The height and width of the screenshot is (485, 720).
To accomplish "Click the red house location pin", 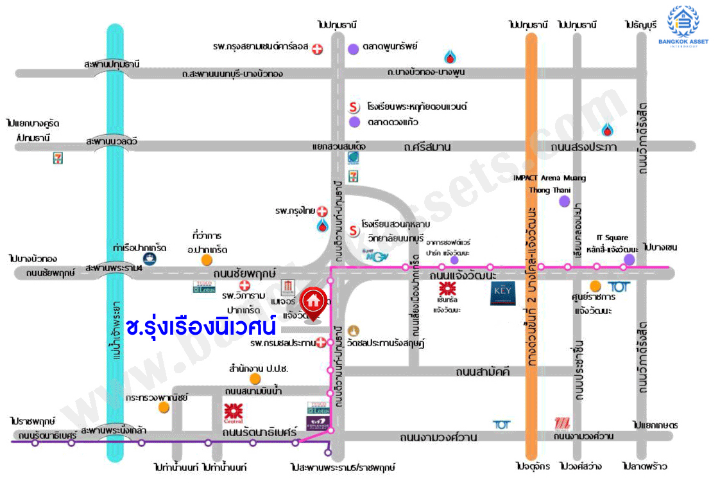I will point(313,300).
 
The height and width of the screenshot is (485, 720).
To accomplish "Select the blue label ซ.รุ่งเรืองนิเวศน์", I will point(201,326).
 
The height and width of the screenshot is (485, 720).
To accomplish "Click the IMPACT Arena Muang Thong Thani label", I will point(549,184).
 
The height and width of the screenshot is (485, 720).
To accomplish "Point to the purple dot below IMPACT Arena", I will point(564,202).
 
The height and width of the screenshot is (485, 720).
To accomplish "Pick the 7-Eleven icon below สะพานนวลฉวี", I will point(58,158).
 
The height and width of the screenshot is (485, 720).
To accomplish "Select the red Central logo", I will point(233,412).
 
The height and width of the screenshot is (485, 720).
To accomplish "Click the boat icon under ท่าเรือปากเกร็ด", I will point(150,259).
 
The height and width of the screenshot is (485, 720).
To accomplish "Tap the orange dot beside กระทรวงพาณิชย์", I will point(164,407).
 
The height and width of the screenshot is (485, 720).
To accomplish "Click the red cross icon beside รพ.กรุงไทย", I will point(322,211).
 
